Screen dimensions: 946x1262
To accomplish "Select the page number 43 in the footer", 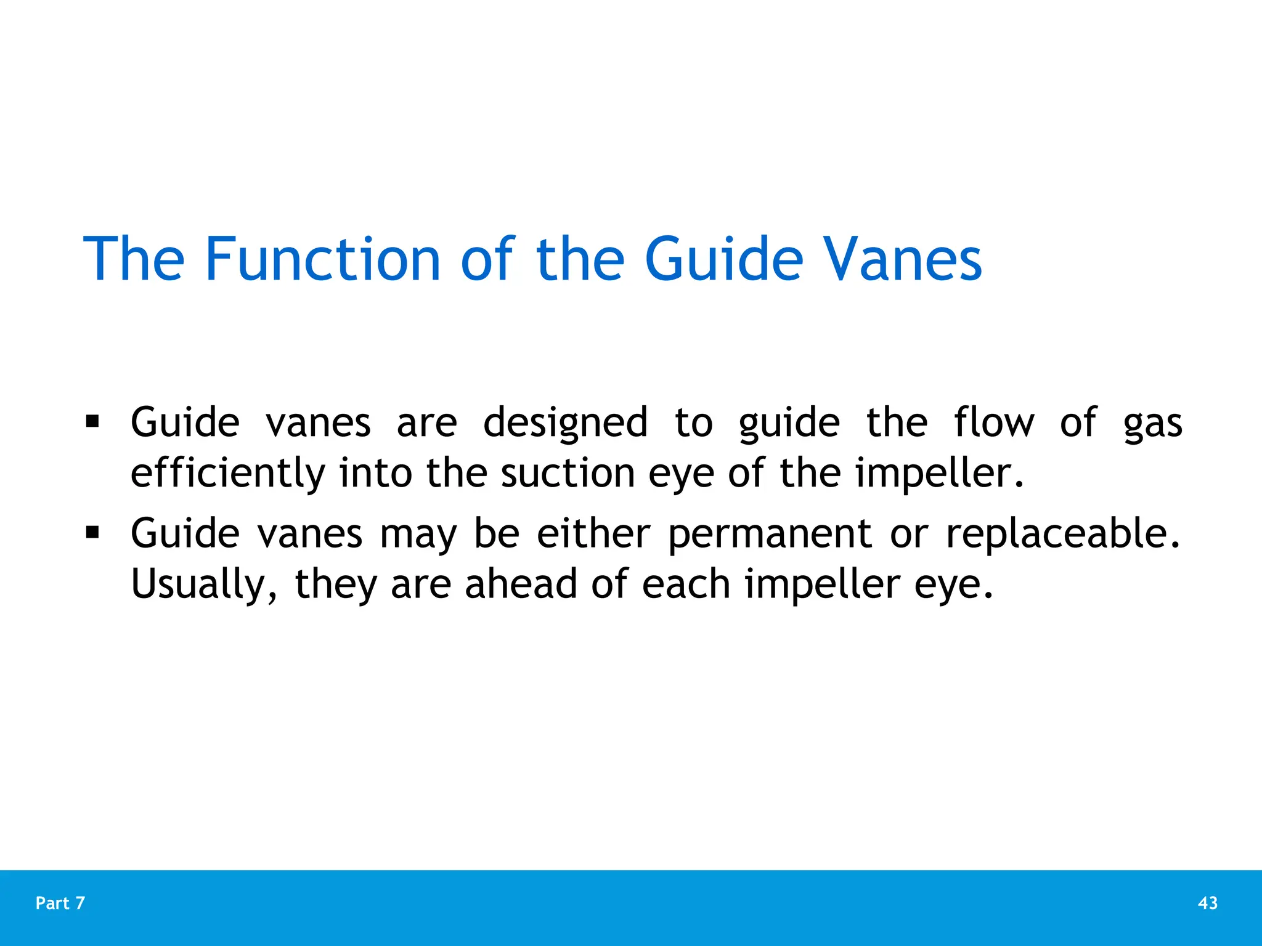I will click(x=1208, y=903).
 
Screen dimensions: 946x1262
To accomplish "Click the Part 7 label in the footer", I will click(x=60, y=903).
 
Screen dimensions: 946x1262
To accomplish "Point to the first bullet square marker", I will click(x=92, y=422).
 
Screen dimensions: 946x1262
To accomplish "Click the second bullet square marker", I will click(x=92, y=532).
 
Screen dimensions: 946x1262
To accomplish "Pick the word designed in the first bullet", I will click(x=565, y=424).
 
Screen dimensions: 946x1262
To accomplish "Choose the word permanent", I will click(x=770, y=535).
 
